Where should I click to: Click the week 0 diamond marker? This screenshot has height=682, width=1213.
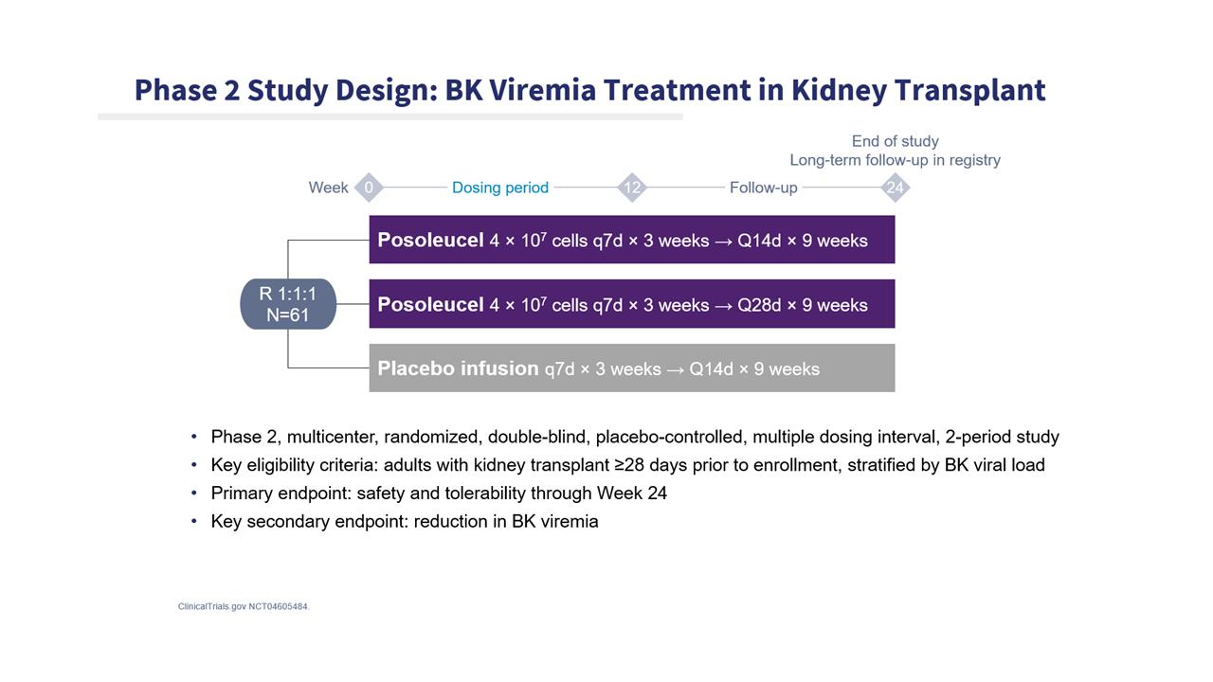369,188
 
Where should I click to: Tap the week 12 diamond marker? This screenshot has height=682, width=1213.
632,188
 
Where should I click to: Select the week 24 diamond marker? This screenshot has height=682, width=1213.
896,188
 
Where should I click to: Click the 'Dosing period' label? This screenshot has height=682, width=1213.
500,188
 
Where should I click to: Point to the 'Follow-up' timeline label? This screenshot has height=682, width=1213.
764,188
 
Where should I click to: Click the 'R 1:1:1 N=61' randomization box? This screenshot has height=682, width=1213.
288,304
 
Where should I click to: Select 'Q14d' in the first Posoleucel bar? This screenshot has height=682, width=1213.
759,241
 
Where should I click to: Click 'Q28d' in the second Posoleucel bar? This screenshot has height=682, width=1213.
759,305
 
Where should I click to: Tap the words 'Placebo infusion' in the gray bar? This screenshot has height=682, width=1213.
458,368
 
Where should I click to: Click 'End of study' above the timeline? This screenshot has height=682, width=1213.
896,141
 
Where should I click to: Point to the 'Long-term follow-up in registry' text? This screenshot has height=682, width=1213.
896,160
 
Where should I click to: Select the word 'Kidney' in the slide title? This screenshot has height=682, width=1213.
839,91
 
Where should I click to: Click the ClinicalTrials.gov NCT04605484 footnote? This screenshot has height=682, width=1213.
244,607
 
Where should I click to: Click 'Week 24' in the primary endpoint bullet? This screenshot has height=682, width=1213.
632,494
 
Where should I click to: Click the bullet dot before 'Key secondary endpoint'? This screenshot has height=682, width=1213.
194,521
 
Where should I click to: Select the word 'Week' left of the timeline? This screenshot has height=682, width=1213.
328,188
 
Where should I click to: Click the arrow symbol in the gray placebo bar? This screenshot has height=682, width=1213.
675,369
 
